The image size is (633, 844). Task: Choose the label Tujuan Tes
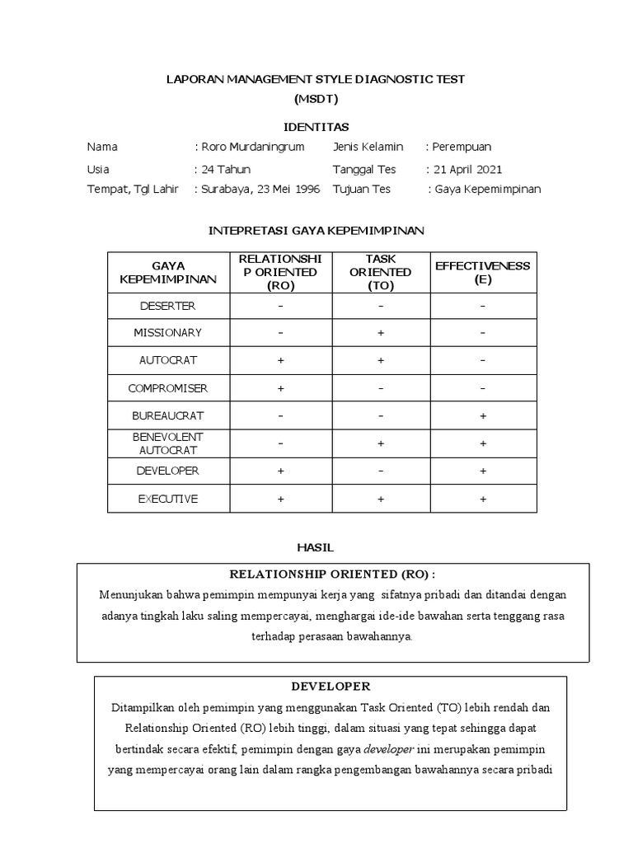point(361,189)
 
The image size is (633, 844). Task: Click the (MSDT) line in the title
point(316,99)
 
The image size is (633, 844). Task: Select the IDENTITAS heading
point(316,127)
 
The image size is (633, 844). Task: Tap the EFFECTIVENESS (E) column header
point(482,272)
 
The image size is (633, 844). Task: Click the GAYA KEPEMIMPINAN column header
point(168,272)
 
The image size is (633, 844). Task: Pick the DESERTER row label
point(168,306)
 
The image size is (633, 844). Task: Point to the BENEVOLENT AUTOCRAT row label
point(168,443)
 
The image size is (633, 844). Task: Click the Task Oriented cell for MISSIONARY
point(381,333)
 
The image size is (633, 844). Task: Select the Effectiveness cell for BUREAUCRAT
point(482,416)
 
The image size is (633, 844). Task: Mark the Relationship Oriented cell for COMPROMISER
point(280,388)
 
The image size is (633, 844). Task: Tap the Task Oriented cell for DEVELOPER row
point(381,471)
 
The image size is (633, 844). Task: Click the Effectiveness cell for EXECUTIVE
point(482,499)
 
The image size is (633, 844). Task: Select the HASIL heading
point(316,547)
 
